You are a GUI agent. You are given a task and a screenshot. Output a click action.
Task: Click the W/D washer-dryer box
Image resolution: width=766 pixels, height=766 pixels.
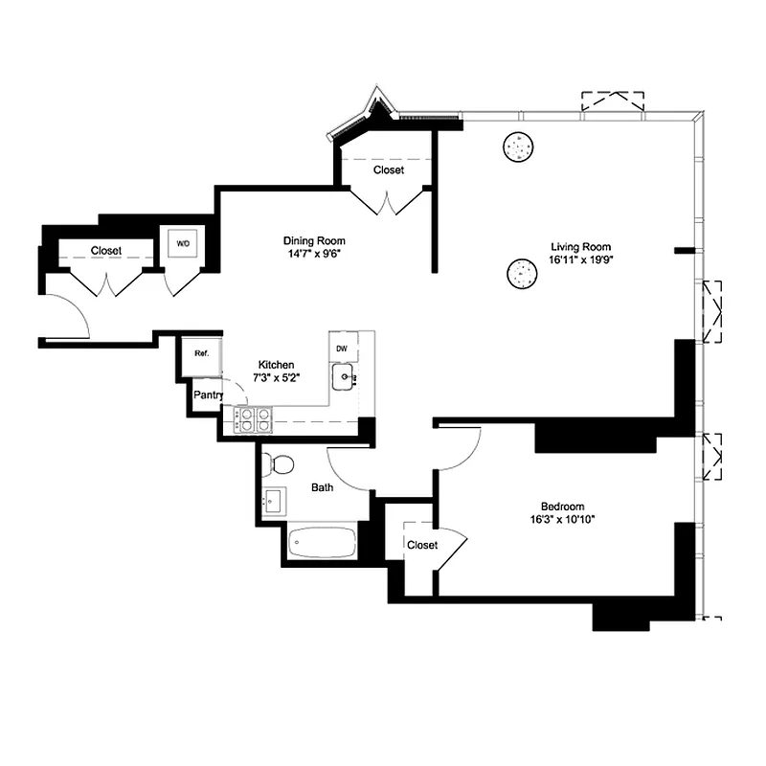[x=182, y=244]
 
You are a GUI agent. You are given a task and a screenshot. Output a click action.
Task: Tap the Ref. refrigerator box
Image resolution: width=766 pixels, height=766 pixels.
[x=201, y=353]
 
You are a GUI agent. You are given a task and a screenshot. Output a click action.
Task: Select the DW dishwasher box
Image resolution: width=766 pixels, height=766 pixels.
[x=341, y=349]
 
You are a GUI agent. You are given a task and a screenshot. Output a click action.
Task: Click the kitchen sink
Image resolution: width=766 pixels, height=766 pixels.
[x=344, y=378]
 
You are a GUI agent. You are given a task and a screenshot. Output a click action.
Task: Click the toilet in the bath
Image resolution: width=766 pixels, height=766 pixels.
[x=280, y=464]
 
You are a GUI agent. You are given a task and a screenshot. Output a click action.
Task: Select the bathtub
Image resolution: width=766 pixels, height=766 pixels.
[x=322, y=543]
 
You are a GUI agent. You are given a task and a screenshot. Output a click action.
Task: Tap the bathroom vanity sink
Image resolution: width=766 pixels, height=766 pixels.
[x=274, y=501]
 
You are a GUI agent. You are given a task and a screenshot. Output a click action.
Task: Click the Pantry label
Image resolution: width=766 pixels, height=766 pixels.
[x=209, y=394]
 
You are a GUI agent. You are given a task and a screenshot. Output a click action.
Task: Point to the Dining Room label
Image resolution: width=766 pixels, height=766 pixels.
[x=313, y=240]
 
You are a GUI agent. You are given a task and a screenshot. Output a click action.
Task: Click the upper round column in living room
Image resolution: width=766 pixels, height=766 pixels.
[x=518, y=146]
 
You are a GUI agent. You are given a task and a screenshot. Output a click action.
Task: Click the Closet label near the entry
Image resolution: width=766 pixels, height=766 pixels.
[x=106, y=251]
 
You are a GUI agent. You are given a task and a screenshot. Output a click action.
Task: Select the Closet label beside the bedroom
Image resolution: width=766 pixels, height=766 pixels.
[x=422, y=545]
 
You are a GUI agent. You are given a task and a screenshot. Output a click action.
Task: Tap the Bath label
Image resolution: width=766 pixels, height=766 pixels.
[x=322, y=487]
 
